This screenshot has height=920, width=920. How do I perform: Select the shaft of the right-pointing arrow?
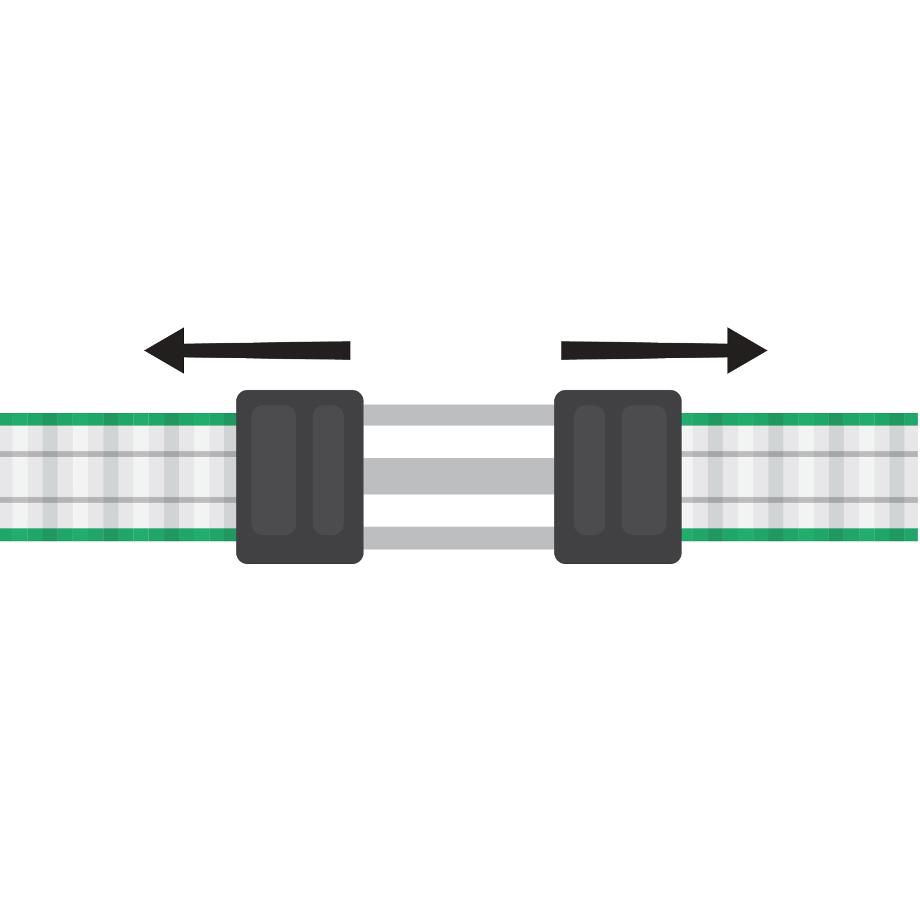644,350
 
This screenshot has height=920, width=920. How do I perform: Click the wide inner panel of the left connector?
274,470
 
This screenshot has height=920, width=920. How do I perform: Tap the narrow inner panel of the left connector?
328,470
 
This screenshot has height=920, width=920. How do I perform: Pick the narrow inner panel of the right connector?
589,470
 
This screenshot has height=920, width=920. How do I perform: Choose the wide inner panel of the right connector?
644,470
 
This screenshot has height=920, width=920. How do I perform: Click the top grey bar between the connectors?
458,415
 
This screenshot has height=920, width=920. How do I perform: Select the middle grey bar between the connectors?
458,476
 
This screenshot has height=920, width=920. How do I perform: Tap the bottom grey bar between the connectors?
458,537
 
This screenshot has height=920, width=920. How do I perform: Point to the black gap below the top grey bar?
458,442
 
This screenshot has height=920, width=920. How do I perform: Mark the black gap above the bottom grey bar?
458,510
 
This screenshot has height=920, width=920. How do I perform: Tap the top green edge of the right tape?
799,419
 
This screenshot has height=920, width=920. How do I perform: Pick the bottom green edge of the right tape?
799,535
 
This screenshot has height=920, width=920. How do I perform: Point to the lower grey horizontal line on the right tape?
799,500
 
